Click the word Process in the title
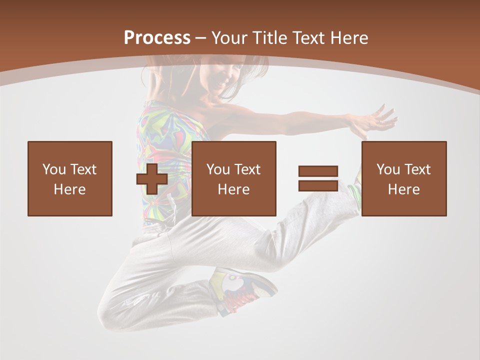[157, 37]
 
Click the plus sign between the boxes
[152, 179]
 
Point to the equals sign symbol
[318, 178]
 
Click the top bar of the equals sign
[318, 171]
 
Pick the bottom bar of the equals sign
[318, 185]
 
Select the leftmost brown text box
[70, 178]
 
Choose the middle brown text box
[234, 178]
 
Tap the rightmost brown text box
[404, 178]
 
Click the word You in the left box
[54, 169]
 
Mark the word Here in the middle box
[234, 189]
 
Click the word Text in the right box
[417, 169]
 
